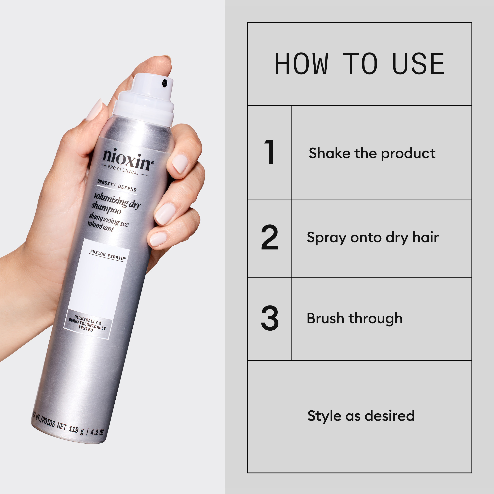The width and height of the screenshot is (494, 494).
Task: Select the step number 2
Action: (269, 237)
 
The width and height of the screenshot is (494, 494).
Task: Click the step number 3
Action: (270, 318)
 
